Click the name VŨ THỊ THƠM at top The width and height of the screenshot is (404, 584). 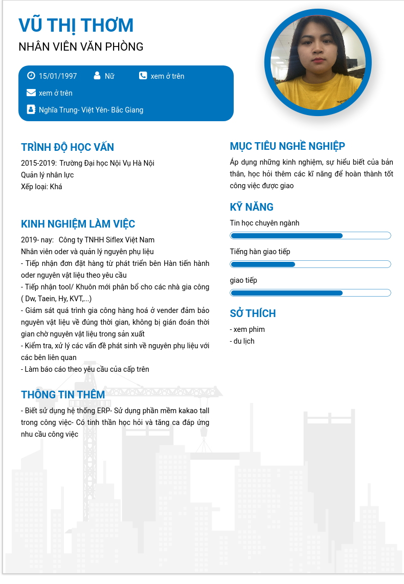click(x=76, y=25)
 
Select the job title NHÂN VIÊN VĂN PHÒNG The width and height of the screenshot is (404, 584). click(x=81, y=47)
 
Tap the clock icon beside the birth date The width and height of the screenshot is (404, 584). click(x=31, y=76)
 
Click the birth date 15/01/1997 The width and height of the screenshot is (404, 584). click(x=58, y=76)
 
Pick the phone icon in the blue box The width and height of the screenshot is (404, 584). click(x=143, y=76)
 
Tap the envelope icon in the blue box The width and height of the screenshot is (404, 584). click(x=31, y=93)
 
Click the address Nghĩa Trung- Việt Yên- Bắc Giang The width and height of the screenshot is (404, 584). click(x=91, y=110)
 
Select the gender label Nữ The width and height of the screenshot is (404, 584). click(x=109, y=76)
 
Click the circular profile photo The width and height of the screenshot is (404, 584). click(x=318, y=62)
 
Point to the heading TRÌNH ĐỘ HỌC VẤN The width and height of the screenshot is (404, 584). click(x=68, y=147)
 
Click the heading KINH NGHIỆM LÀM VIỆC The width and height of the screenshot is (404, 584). click(x=78, y=224)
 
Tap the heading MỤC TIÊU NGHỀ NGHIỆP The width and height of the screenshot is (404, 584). click(x=287, y=146)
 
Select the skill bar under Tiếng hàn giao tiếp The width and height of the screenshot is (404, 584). click(x=310, y=264)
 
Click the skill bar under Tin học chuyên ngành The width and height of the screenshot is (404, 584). click(x=310, y=236)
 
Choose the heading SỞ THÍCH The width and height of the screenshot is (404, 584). click(x=253, y=313)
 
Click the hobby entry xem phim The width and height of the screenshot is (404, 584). click(x=248, y=329)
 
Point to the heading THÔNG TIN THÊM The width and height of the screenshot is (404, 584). click(x=63, y=395)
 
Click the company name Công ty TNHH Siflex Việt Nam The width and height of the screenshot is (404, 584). click(x=106, y=240)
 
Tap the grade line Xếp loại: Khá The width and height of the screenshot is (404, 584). click(x=41, y=187)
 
